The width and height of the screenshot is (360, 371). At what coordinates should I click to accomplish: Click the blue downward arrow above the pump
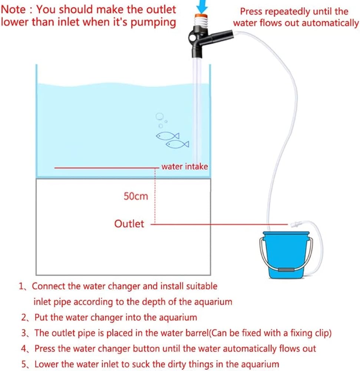(202, 6)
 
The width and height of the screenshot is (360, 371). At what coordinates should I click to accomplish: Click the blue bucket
(286, 255)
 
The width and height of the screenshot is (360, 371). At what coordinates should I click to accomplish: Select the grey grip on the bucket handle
(286, 269)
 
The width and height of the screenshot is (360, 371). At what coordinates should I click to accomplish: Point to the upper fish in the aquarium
(168, 136)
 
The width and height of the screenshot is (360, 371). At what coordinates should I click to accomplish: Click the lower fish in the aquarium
(178, 144)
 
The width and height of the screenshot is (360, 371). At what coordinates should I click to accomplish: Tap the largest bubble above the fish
(159, 116)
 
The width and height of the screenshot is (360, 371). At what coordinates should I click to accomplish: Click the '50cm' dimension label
(136, 196)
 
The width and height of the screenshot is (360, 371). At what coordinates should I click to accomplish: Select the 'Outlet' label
(129, 224)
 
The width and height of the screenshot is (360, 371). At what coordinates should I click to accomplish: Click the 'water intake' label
(185, 167)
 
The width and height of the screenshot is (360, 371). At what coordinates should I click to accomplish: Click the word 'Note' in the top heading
(13, 10)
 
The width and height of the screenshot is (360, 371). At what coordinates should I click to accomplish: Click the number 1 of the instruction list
(21, 286)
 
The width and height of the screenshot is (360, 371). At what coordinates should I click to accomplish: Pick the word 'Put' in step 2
(41, 317)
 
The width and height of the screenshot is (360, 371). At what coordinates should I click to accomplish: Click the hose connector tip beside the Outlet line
(293, 223)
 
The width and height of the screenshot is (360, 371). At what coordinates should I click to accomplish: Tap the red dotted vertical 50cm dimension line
(155, 196)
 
